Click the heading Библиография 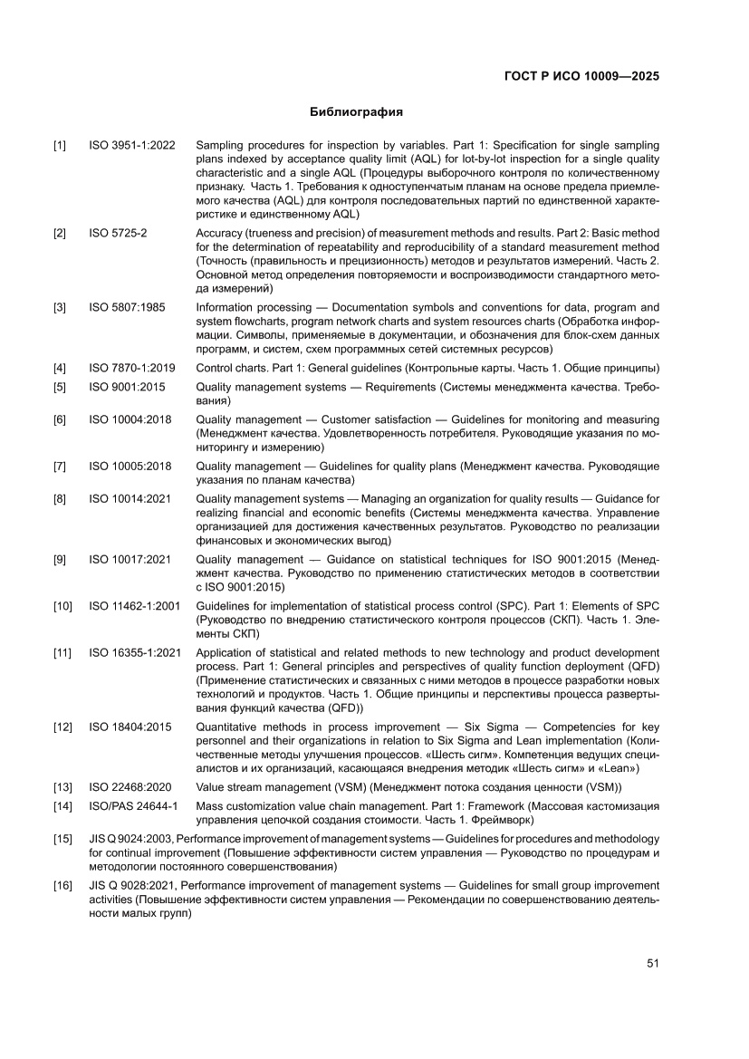(356, 112)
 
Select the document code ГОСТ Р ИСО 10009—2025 (581, 76)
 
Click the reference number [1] (60, 145)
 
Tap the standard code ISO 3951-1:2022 (132, 145)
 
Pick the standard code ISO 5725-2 (118, 234)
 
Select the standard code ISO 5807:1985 (127, 307)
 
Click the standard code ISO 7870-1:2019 (132, 368)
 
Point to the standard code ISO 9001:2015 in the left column (127, 387)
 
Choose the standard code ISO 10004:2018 (130, 420)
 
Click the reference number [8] (60, 498)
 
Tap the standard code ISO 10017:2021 (130, 560)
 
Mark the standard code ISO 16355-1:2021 (135, 653)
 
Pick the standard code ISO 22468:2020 (130, 787)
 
